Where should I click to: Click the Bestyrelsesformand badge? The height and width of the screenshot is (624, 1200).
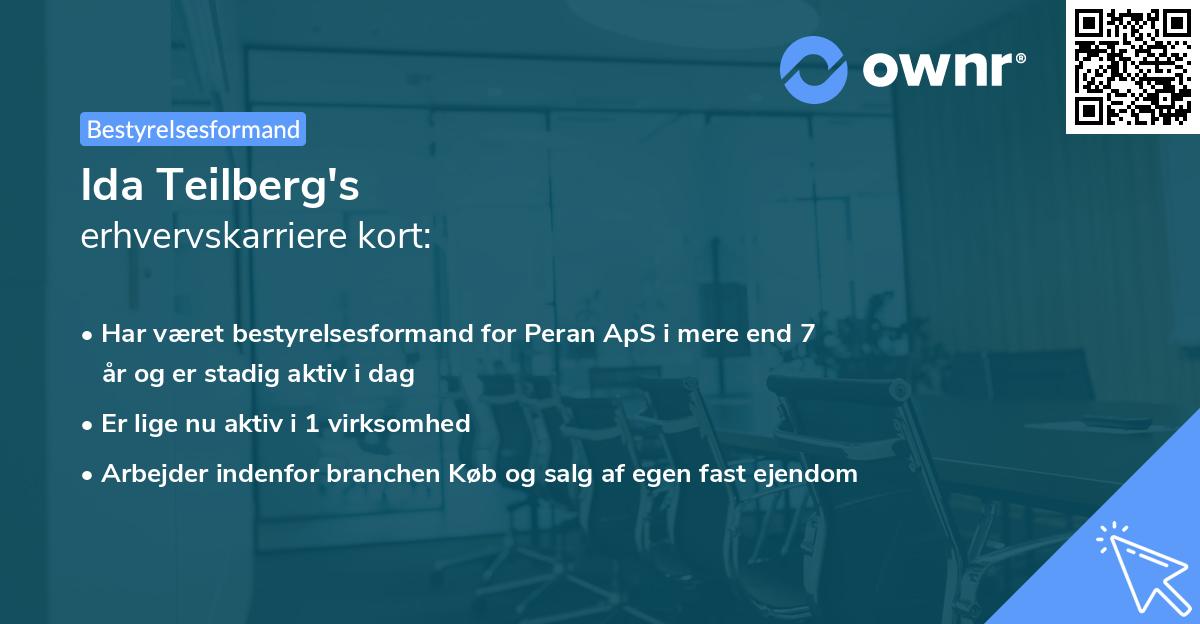click(193, 129)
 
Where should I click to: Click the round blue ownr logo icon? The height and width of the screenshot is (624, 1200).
click(814, 69)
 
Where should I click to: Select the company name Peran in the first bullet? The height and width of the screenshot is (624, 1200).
click(556, 334)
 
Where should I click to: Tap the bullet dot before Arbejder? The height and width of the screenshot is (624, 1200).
click(89, 475)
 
